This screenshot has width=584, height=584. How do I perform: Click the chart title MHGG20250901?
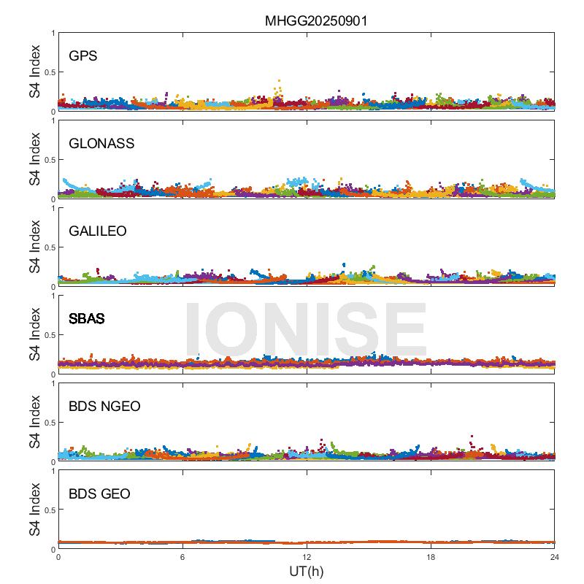tap(315, 21)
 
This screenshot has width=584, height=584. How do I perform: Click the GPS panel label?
tap(83, 55)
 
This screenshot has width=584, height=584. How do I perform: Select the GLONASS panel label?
tap(101, 143)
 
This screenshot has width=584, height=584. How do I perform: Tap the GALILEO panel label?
tap(98, 231)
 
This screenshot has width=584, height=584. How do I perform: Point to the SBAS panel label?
tap(86, 318)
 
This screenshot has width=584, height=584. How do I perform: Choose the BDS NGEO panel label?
tap(104, 406)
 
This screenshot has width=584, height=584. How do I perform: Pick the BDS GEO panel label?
tap(99, 494)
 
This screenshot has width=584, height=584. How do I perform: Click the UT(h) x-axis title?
tap(307, 571)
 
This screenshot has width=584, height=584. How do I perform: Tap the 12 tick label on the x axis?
tap(307, 557)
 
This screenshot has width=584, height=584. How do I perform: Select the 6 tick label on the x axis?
tap(182, 557)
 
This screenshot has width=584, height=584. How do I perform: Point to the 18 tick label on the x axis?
tap(431, 557)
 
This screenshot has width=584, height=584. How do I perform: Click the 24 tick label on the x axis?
tap(555, 557)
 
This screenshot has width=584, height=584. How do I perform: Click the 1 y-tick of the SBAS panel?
tap(53, 296)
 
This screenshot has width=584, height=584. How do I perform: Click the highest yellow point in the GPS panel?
tap(279, 81)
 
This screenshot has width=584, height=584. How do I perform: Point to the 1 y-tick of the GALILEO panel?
tap(53, 209)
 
